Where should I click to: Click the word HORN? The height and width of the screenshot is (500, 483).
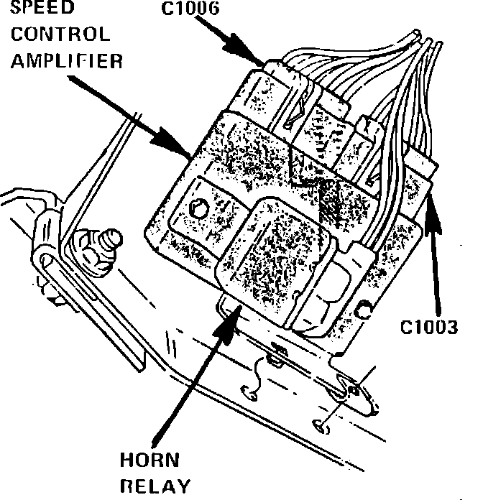pyautogui.click(x=150, y=460)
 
